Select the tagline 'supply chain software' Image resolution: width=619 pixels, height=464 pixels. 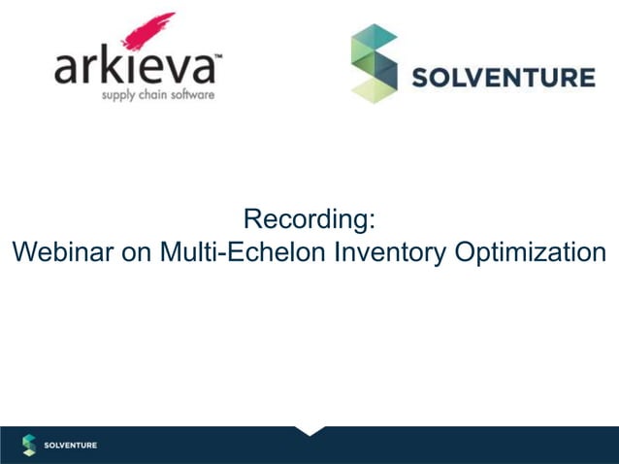157,95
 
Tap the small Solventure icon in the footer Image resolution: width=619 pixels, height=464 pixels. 29,445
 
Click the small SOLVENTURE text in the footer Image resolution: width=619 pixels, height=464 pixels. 71,446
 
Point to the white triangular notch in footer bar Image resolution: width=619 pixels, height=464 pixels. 310,429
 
